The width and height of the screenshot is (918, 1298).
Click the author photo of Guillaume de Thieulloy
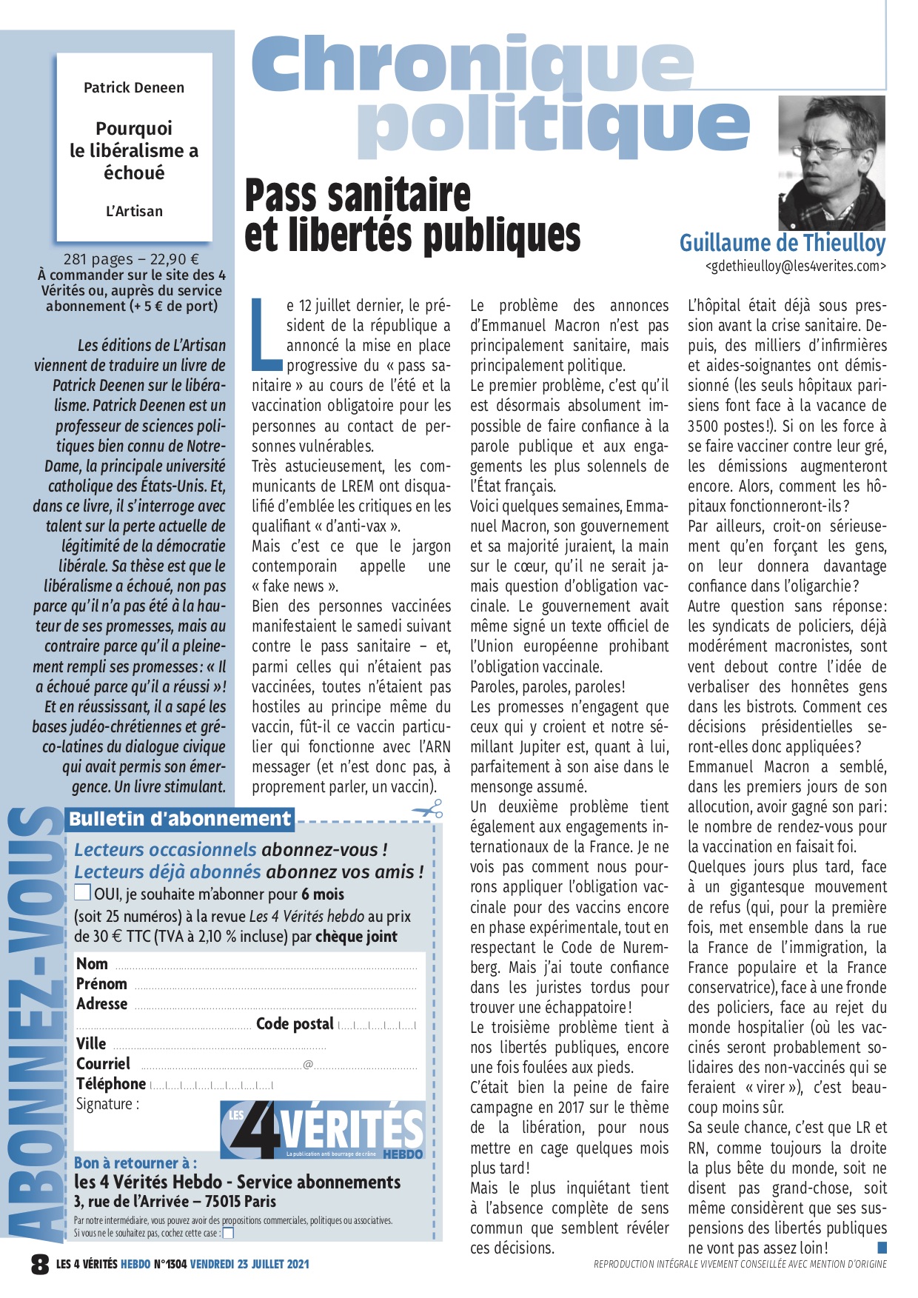(831, 163)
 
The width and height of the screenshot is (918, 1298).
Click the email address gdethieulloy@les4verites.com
(795, 267)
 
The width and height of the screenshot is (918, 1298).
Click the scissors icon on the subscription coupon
(428, 810)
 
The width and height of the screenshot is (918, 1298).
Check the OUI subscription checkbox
(83, 892)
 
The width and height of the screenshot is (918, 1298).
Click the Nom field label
(92, 964)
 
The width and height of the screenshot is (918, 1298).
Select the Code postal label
(295, 1024)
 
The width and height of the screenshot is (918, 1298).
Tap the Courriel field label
(103, 1064)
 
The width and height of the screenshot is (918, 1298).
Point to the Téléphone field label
(111, 1084)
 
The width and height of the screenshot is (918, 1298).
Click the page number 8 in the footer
(40, 1264)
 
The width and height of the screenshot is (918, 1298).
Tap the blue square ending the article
(882, 1248)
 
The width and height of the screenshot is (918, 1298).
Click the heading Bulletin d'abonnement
(180, 819)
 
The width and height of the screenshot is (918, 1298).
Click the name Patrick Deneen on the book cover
(134, 87)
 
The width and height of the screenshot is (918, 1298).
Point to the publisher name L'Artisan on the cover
(134, 211)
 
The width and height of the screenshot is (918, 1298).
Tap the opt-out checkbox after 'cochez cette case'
(228, 1233)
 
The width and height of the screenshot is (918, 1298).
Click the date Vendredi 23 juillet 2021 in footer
(249, 1264)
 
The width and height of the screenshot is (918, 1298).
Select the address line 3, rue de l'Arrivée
(175, 1201)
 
